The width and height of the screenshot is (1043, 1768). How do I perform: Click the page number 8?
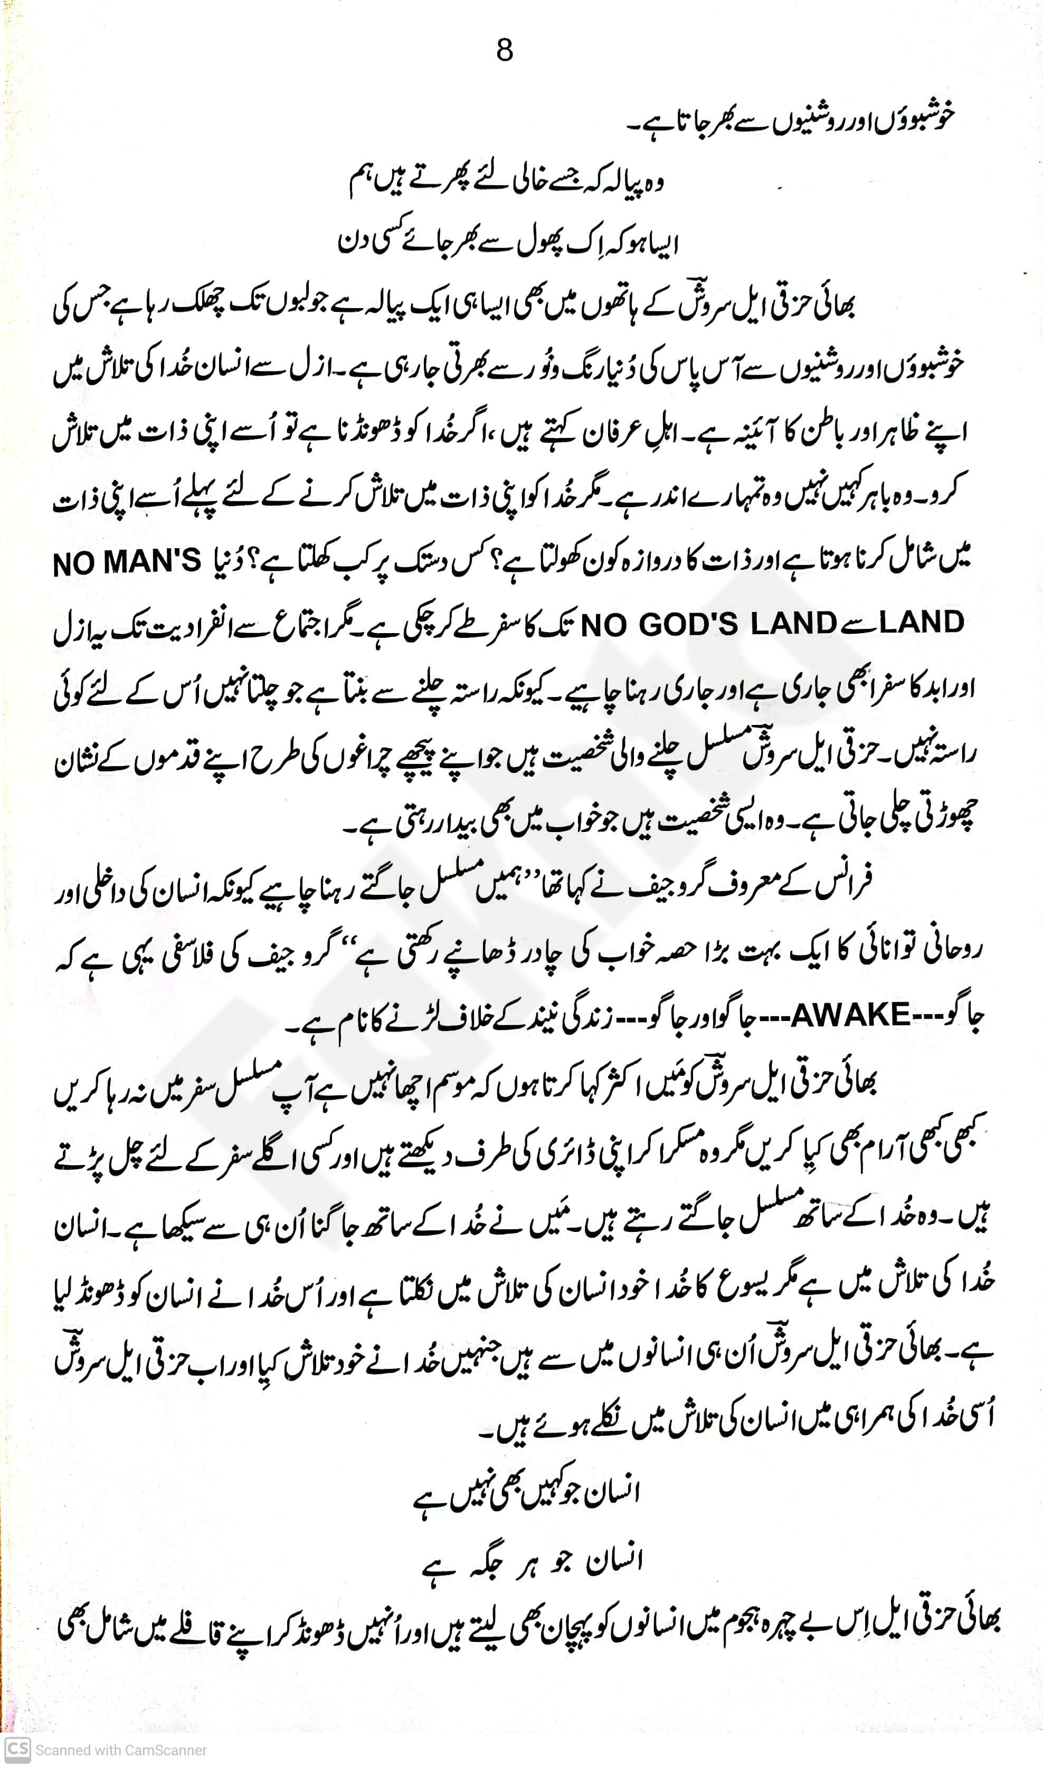pos(505,51)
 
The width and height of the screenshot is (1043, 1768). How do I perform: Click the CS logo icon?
pos(17,1749)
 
